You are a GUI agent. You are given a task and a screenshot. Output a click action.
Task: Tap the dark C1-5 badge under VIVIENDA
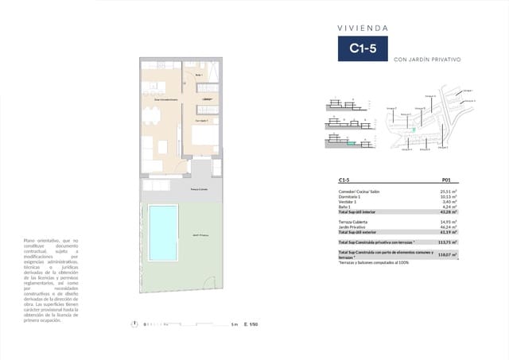pos(362,49)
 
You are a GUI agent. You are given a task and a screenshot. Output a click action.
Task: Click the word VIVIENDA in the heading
pos(362,26)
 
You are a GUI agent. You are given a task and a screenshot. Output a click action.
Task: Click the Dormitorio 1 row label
pos(353,197)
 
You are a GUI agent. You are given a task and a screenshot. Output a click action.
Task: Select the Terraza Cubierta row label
pos(356,222)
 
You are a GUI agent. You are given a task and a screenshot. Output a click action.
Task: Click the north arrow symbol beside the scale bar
pos(136,324)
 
